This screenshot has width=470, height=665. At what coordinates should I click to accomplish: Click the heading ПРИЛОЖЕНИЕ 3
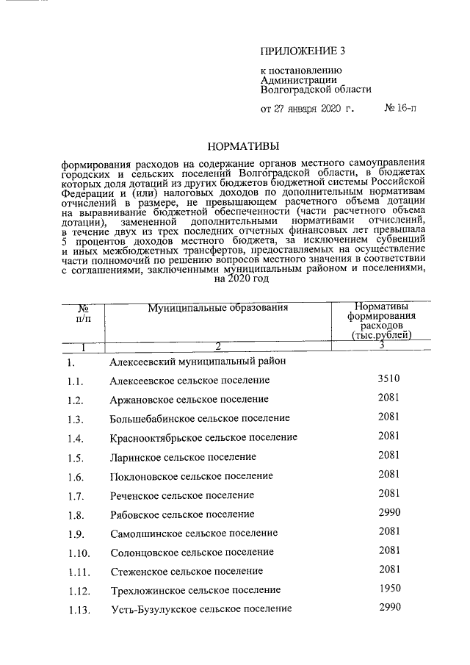[303, 51]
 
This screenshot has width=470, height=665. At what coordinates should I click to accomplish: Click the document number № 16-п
[404, 109]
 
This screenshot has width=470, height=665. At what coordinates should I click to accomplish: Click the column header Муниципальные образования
[217, 307]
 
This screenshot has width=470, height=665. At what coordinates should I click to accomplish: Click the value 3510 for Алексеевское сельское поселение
[388, 379]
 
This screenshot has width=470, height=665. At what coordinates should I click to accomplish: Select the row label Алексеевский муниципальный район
[197, 362]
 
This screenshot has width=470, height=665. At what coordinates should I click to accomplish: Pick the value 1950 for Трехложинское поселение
[388, 589]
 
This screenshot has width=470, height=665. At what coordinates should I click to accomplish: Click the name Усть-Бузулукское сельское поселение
[201, 608]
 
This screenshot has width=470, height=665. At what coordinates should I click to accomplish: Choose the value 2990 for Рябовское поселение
[388, 512]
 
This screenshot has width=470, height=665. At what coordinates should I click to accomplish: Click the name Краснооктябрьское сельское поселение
[203, 437]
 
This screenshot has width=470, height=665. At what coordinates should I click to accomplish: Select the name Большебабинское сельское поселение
[199, 418]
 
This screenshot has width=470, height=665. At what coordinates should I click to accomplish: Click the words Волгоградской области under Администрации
[316, 90]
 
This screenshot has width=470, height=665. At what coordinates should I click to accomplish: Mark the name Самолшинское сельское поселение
[194, 533]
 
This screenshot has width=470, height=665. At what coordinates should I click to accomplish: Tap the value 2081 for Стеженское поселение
[388, 569]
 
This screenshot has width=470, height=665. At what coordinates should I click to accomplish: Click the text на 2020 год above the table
[240, 279]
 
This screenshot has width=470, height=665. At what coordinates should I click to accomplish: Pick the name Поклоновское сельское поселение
[192, 475]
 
